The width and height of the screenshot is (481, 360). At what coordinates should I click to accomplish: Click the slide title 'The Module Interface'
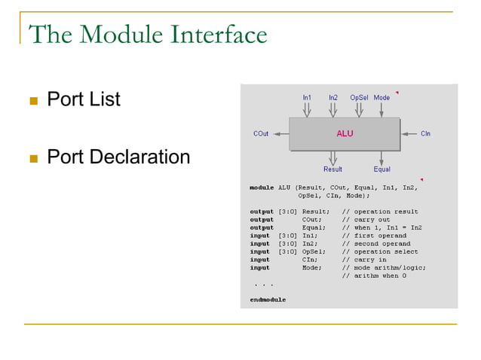[147, 35]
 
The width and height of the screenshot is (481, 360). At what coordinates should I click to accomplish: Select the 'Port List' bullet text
[83, 99]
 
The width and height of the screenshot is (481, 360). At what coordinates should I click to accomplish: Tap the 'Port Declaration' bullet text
[118, 157]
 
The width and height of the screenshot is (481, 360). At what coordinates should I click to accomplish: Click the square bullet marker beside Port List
[32, 101]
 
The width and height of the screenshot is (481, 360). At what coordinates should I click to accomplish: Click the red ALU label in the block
[345, 133]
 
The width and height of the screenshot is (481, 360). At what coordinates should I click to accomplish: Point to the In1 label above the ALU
[307, 98]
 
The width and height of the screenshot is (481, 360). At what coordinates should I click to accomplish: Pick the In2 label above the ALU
[332, 98]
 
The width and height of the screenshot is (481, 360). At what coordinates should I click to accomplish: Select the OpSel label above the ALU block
[359, 98]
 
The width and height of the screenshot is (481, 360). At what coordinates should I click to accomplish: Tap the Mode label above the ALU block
[381, 98]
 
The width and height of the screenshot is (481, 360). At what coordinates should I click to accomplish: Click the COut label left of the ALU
[261, 134]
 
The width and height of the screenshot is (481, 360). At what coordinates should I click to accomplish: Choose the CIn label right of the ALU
[426, 134]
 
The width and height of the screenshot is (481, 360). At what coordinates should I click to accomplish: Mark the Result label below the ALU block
[332, 169]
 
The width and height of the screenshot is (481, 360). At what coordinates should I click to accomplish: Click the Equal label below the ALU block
[381, 169]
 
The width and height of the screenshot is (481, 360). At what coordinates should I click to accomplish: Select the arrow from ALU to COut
[280, 134]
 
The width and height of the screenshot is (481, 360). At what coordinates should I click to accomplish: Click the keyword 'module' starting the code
[262, 187]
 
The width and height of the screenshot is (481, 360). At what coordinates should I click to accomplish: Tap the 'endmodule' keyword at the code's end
[268, 300]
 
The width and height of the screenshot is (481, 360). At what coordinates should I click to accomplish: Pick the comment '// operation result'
[380, 212]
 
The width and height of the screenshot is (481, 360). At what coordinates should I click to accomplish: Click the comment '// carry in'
[365, 260]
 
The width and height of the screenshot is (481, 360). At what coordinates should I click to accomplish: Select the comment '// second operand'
[376, 244]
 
